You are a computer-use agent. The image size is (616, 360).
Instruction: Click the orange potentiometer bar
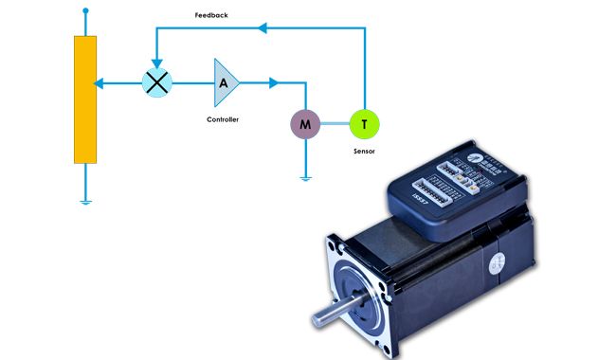tap(85, 99)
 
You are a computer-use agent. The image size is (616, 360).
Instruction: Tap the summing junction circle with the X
tap(156, 82)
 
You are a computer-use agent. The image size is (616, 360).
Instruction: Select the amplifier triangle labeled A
tap(226, 82)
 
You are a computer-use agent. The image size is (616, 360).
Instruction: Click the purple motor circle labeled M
tap(305, 123)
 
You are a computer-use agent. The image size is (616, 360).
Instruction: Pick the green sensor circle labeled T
tap(364, 123)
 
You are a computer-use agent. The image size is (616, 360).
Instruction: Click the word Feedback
tap(210, 16)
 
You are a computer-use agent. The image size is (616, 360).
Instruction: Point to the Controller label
tap(223, 119)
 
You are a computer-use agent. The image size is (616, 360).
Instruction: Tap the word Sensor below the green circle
tap(364, 151)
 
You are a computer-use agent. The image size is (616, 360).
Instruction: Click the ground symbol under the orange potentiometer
tap(85, 200)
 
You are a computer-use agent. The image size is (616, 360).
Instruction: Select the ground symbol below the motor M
tap(305, 176)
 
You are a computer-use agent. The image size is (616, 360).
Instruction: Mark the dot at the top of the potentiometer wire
tap(85, 11)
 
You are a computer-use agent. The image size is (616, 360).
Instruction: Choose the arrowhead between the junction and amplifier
tap(193, 82)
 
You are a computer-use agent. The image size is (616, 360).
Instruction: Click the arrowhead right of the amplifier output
tap(274, 82)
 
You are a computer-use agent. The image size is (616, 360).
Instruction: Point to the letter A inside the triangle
tap(223, 82)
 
